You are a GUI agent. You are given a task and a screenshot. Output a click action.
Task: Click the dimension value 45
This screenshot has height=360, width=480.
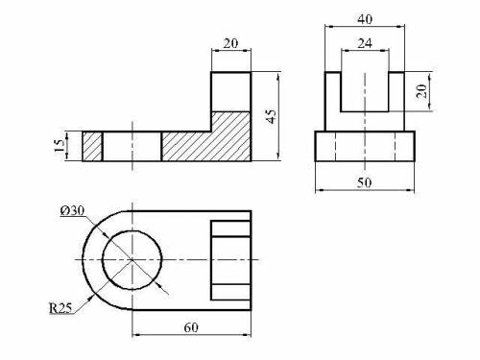(x=271, y=116)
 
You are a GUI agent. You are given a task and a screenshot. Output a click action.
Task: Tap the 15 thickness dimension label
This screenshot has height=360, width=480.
(x=59, y=146)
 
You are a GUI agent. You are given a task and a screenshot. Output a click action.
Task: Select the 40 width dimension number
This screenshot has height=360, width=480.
(x=365, y=19)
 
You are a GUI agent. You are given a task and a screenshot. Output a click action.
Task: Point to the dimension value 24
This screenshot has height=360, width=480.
(x=365, y=43)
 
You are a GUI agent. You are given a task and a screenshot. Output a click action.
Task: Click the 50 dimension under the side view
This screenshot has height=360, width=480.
(x=364, y=182)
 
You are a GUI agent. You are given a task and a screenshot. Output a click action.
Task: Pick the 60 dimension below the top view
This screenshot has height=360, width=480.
(x=191, y=327)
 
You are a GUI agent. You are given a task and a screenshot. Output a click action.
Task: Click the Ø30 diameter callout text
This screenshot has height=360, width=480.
(x=72, y=210)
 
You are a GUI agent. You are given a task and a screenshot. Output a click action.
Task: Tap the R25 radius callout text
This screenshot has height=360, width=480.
(x=60, y=308)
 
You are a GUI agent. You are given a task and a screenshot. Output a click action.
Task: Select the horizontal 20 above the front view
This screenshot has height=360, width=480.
(x=230, y=43)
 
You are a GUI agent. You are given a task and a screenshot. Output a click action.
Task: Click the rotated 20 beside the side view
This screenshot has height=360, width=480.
(x=422, y=91)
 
